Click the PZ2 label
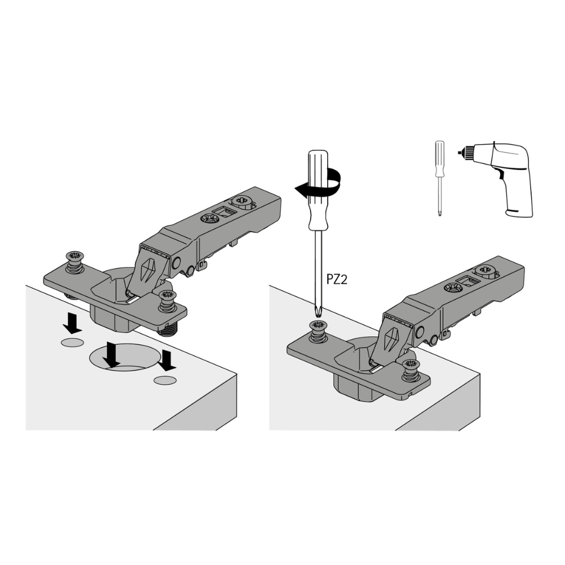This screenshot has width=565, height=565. [337, 279]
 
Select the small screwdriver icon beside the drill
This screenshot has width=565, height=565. [440, 179]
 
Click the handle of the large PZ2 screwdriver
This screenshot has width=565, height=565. [318, 190]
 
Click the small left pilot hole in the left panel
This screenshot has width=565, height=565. [72, 343]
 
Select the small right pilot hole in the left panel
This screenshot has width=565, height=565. [165, 380]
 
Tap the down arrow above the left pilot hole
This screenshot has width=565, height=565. [72, 323]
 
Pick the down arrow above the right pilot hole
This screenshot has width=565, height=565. [167, 360]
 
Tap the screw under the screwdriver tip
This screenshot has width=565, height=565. [318, 331]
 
